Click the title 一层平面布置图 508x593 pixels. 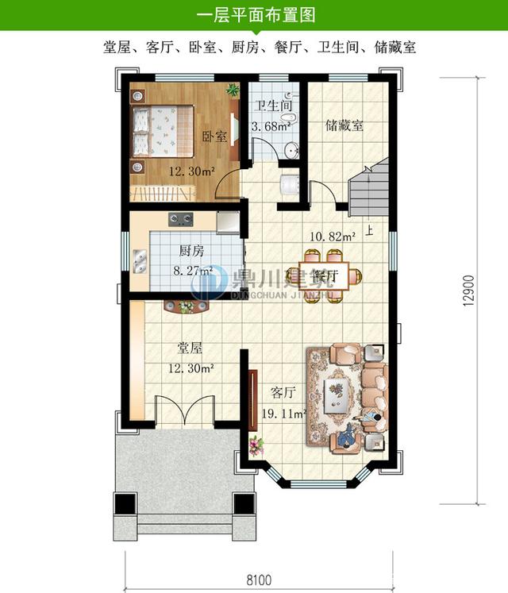pyautogui.click(x=254, y=14)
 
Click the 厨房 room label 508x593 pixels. pyautogui.click(x=191, y=251)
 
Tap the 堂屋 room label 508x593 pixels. pyautogui.click(x=190, y=348)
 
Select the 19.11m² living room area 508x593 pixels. pyautogui.click(x=279, y=413)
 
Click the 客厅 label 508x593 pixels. pyautogui.click(x=283, y=392)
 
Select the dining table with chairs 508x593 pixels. pyautogui.click(x=327, y=275)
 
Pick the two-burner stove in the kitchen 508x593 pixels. pyautogui.click(x=179, y=219)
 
